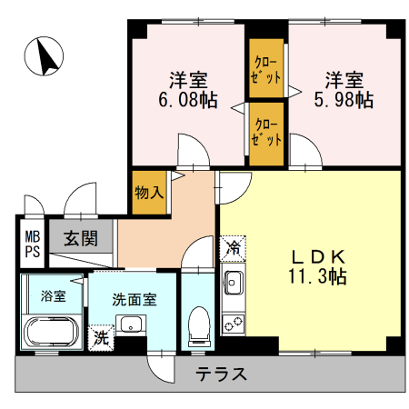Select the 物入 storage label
pyautogui.click(x=150, y=192)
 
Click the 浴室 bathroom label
pyautogui.click(x=53, y=295)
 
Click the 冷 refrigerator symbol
pyautogui.click(x=232, y=247)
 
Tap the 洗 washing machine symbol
pyautogui.click(x=99, y=335)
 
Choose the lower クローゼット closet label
pyautogui.click(x=266, y=134)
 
